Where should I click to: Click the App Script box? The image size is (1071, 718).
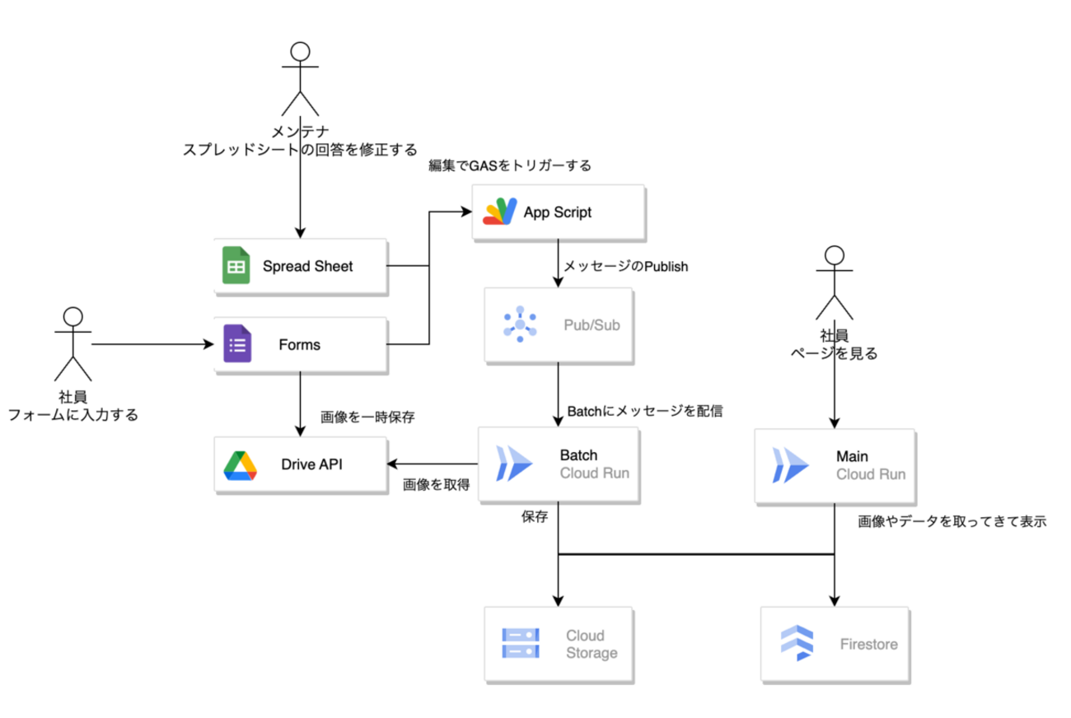coord(558,212)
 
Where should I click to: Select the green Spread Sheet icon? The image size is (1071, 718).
coord(236,266)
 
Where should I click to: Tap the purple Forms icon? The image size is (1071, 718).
coord(237,344)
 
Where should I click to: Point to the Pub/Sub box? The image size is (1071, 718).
coord(559,325)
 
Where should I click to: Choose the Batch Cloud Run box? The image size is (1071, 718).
coord(559,465)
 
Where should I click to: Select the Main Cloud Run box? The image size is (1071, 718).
coord(835,465)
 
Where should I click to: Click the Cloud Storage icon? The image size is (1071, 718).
coord(521,644)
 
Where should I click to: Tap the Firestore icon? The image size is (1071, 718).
coord(797,644)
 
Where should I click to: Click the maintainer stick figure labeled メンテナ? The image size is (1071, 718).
coord(300,79)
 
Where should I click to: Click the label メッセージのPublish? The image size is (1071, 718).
coord(625,267)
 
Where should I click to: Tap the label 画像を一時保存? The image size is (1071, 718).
coord(367,417)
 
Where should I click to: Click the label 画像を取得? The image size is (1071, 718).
coord(436,485)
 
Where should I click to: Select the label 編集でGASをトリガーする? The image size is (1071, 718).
coord(510,166)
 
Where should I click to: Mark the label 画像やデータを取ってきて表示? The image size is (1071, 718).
coord(952,521)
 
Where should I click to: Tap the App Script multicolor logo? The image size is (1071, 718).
coord(499,212)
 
